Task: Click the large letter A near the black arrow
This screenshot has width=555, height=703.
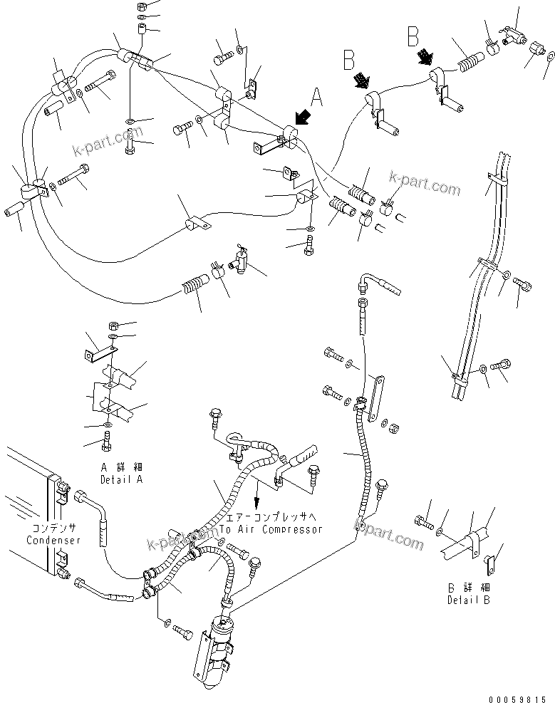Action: click(317, 96)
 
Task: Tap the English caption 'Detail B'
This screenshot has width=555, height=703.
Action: click(469, 600)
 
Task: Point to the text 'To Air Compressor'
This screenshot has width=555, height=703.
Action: click(271, 529)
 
